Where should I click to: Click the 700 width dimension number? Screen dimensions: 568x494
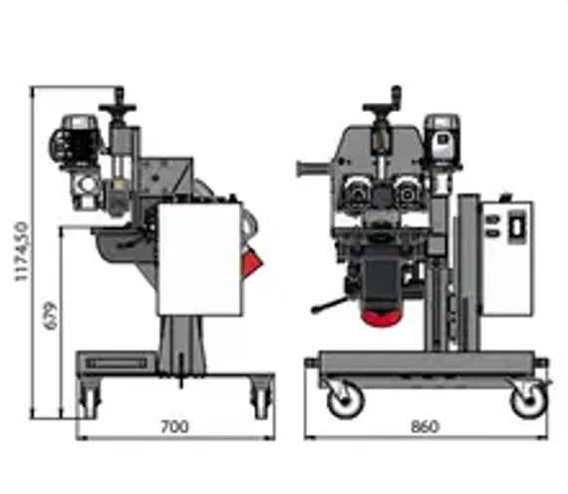[174, 427]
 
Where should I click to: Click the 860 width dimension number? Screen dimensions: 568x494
[426, 426]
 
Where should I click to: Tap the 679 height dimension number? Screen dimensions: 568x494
[51, 315]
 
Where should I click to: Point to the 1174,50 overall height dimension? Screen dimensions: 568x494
[22, 251]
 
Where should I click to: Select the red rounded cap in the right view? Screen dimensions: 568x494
[382, 316]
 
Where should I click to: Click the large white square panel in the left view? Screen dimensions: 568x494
[200, 258]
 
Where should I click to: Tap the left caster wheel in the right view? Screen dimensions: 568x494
[345, 400]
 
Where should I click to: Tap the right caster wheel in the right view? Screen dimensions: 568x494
[528, 400]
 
